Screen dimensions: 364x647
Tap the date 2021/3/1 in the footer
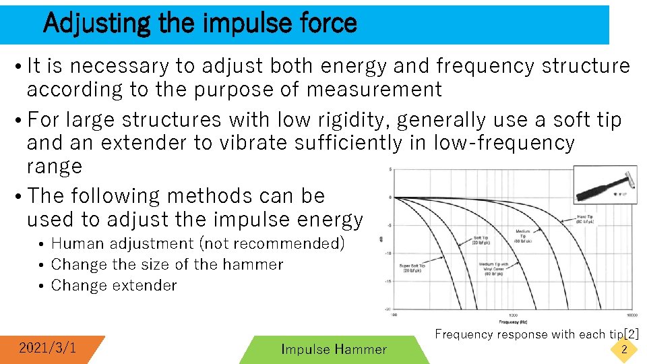[47, 348]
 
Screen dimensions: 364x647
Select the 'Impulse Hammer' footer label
[334, 349]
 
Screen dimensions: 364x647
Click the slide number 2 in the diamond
[624, 349]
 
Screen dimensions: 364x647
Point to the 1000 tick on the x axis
[514, 315]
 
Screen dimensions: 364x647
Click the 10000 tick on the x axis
[631, 315]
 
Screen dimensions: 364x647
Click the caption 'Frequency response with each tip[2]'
[536, 334]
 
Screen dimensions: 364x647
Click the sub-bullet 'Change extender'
[114, 285]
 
